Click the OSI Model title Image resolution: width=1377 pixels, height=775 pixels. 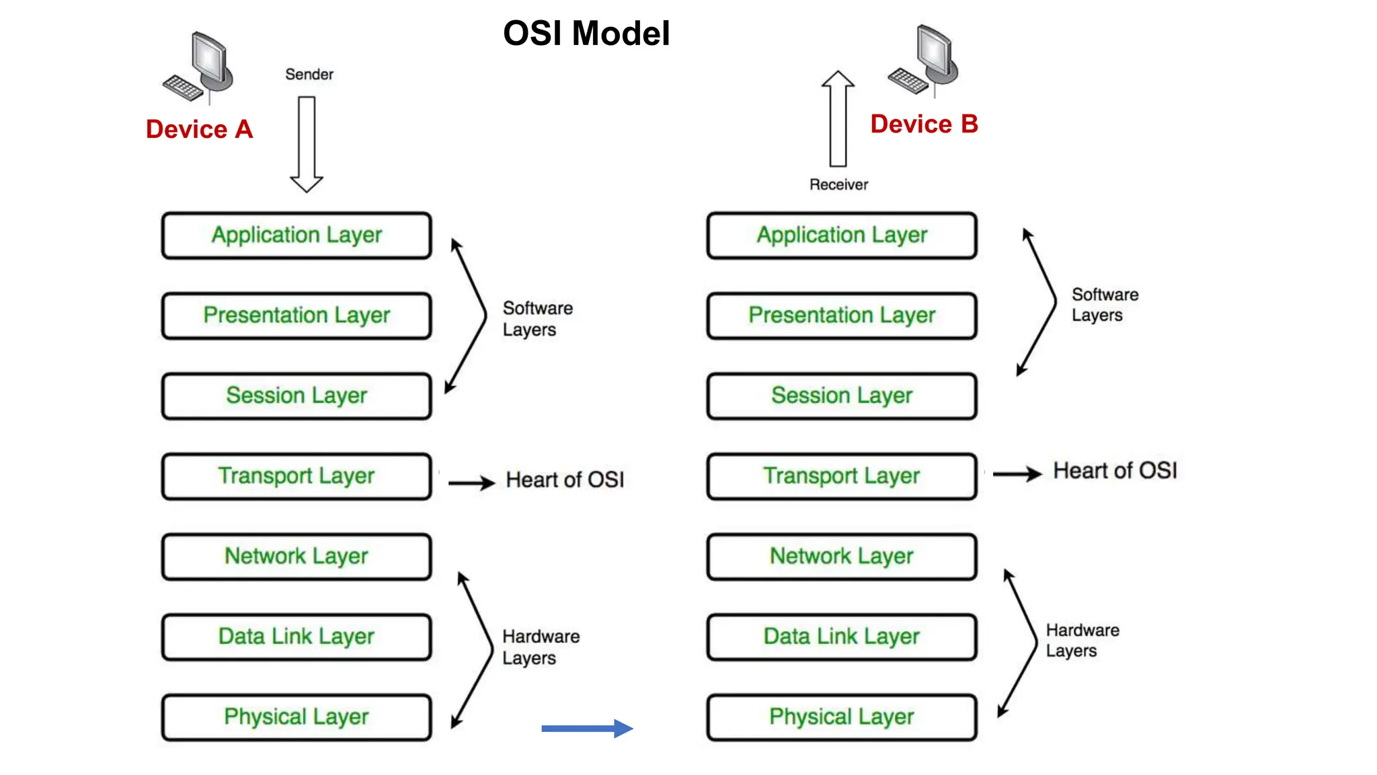(586, 34)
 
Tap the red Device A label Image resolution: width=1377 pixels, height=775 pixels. (200, 129)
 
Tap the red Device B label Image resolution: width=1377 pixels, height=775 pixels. (924, 124)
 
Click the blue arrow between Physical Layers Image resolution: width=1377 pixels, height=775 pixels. (587, 728)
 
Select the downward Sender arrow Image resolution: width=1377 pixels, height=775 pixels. (307, 144)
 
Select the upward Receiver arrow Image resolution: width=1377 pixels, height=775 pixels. (838, 119)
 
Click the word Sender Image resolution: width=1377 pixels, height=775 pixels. (309, 74)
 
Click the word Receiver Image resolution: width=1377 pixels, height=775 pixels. (838, 184)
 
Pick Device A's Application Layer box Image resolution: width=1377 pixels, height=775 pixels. (297, 235)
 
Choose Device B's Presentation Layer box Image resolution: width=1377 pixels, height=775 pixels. (842, 316)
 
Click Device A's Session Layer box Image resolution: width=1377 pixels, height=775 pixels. (297, 396)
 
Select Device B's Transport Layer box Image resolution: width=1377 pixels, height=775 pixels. (842, 476)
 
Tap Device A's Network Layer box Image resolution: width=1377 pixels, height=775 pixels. (297, 556)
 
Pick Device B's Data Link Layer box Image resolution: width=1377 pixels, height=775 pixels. (842, 636)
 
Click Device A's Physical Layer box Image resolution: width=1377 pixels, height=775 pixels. (297, 717)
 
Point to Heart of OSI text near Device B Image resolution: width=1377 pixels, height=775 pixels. (1115, 471)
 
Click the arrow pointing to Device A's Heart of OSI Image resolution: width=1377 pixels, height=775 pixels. (471, 482)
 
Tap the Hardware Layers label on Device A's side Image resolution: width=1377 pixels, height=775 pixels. (541, 647)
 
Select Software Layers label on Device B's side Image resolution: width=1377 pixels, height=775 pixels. (1105, 305)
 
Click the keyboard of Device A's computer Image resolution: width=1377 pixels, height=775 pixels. (182, 87)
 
